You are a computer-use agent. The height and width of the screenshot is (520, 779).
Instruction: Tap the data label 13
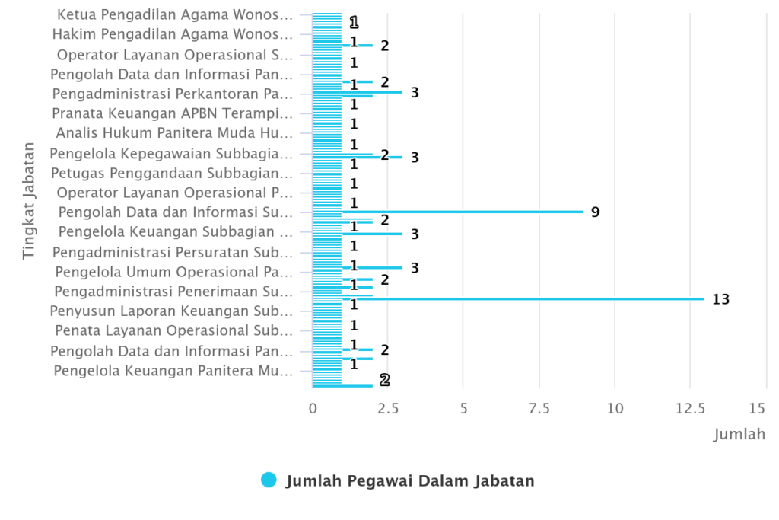720,299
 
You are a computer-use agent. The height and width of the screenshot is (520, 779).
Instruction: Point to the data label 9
595,212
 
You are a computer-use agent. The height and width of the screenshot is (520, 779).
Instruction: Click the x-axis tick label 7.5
539,409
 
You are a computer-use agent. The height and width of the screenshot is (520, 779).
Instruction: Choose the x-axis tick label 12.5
690,409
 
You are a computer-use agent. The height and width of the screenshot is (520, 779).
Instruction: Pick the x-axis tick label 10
615,409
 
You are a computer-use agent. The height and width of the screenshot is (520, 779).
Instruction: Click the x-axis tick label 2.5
387,409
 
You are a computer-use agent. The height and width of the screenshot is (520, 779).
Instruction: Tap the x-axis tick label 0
313,409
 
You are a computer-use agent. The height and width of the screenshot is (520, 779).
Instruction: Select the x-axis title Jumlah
739,434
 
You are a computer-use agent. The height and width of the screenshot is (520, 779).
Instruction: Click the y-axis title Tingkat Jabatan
29,199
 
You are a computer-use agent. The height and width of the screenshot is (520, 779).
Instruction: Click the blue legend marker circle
269,480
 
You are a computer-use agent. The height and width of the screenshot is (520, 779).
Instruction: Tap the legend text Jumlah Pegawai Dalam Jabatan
410,480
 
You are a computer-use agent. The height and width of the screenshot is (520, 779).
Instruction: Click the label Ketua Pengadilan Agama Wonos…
174,14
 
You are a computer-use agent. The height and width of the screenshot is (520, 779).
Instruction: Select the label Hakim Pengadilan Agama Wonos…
172,34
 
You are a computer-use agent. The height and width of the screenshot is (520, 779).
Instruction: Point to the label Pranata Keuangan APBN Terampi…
172,113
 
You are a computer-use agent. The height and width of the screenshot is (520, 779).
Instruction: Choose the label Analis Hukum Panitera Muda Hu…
174,133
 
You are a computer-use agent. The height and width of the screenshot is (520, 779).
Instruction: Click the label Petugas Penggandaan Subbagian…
171,173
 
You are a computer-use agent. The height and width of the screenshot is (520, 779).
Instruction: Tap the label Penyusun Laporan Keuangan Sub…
171,311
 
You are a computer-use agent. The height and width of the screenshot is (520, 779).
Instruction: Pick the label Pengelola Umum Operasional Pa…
173,272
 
